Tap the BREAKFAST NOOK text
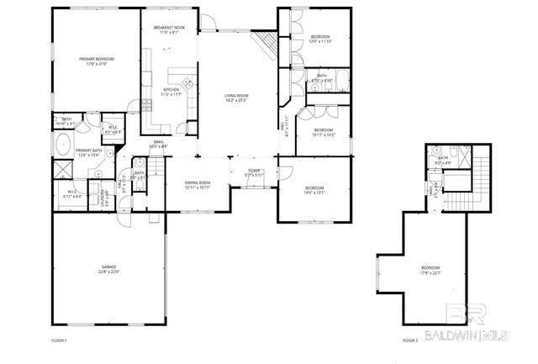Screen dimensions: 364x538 coord(168,28)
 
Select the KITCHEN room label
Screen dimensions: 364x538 coord(171,89)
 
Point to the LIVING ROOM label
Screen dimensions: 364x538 coord(235,97)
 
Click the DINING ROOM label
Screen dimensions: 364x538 coord(198,182)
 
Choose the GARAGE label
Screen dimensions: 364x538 coord(109,266)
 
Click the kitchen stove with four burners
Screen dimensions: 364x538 coord(186,83)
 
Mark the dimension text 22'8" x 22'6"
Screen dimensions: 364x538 coord(109,272)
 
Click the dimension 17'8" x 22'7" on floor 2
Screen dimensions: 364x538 coord(430,272)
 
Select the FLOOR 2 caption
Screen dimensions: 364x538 coord(409,340)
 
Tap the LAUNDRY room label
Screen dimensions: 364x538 coord(103,198)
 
